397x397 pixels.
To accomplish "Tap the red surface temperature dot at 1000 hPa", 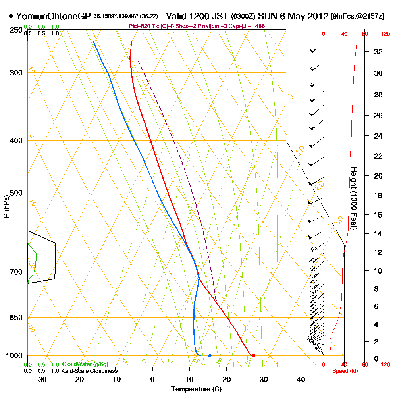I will tap(254, 355).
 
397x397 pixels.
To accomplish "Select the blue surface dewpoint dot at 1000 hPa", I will tap(210, 355).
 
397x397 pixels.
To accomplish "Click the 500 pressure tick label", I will tap(15, 193).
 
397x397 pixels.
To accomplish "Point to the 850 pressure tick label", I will tap(15, 318).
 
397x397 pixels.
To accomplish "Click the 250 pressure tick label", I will tap(15, 30).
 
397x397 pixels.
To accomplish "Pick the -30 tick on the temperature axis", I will tap(41, 379).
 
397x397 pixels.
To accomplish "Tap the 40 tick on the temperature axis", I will tap(301, 379).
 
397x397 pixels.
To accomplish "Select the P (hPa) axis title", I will tap(6, 206).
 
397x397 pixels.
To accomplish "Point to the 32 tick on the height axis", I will tap(379, 52).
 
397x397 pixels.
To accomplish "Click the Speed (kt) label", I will tap(343, 371).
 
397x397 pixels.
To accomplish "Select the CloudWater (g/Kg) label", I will tap(85, 364).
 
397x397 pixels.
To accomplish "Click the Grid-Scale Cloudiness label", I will tap(90, 371).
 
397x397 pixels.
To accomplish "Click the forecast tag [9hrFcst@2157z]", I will tap(357, 17).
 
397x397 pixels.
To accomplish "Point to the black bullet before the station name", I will tap(11, 16).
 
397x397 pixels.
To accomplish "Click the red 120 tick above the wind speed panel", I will tap(385, 34).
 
